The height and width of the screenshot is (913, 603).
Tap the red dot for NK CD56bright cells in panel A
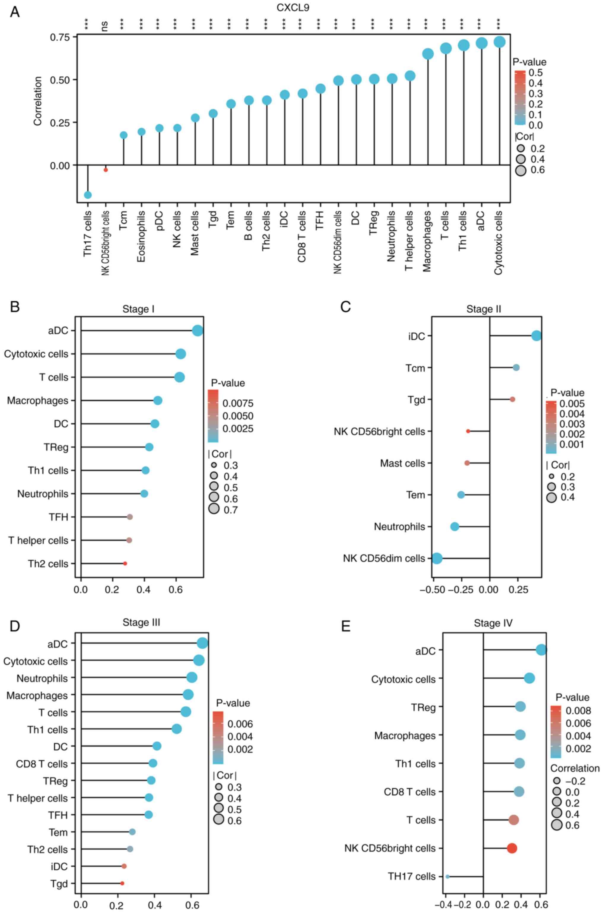[106, 170]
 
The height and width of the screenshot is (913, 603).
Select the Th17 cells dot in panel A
[88, 195]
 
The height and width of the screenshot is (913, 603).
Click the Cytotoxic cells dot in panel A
[499, 42]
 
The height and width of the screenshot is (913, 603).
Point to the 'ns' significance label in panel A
[104, 26]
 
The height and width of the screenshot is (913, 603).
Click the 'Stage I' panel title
[139, 309]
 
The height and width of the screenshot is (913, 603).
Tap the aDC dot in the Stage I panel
[198, 330]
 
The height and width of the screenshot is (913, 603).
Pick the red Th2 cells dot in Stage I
[125, 564]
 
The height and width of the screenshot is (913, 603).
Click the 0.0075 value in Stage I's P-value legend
[238, 403]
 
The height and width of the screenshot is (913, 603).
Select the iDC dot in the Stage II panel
[537, 336]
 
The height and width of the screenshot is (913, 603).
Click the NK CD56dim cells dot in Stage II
[437, 558]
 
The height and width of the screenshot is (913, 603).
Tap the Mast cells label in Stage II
[403, 463]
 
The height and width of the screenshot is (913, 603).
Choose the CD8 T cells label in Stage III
[42, 764]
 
